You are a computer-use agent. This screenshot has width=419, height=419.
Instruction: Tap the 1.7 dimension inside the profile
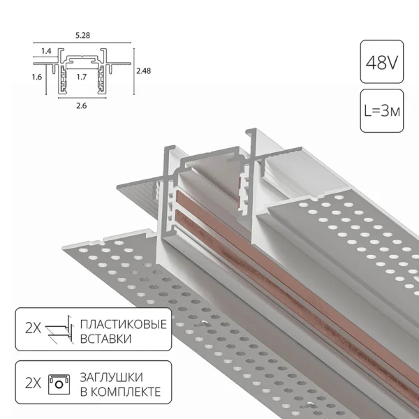pos(81,78)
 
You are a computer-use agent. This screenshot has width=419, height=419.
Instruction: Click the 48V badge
pos(381,64)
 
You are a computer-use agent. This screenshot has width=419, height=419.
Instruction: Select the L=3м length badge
pos(381,110)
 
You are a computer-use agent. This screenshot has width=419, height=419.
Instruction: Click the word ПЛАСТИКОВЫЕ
pos(123,325)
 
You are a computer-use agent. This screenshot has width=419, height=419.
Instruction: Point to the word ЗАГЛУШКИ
pos(115,377)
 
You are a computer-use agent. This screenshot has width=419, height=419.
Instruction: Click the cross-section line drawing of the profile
pos(81,70)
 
